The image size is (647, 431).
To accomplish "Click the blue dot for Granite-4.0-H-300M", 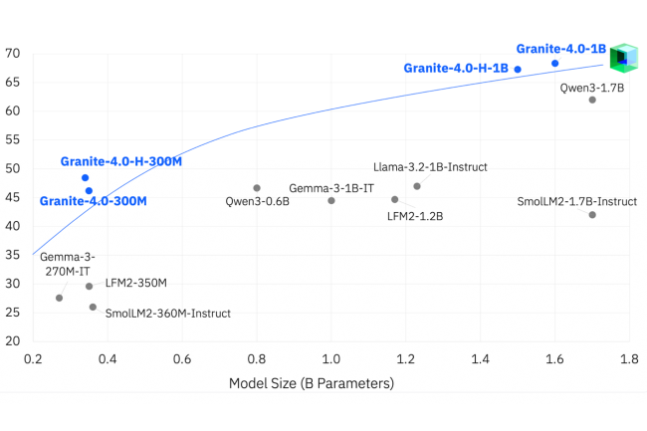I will tap(86, 178).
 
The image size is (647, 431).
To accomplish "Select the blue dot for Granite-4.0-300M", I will tap(89, 190).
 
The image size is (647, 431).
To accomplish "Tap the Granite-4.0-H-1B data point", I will tap(518, 70).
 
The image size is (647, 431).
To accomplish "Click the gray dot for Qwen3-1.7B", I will tap(592, 100).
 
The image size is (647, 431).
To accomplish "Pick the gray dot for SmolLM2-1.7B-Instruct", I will tap(592, 215).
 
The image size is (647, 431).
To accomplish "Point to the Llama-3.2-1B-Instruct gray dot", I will tap(417, 186).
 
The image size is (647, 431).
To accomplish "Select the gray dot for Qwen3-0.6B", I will tap(257, 188).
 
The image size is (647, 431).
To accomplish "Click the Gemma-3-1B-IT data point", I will tap(331, 200).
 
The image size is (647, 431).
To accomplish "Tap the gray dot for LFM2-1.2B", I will tap(395, 199).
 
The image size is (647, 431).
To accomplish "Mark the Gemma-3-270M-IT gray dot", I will tap(59, 298).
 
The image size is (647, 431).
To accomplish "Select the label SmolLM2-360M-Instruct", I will tap(167, 314).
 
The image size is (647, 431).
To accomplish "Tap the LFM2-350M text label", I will tap(136, 284).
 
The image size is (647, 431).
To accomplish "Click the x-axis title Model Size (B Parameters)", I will tap(312, 383).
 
